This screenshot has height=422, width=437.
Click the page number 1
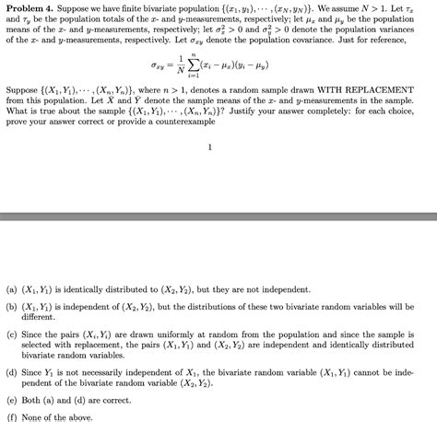210,147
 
